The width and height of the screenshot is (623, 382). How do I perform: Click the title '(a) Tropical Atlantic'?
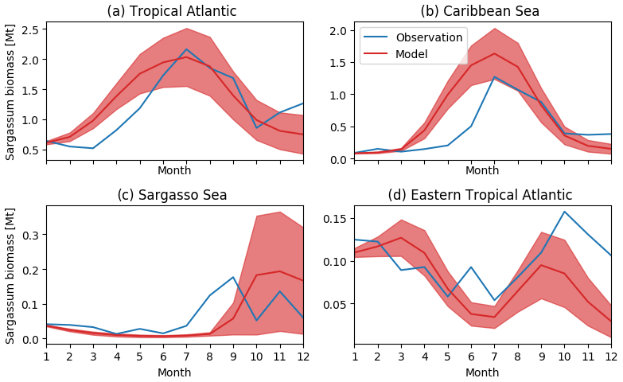click(172, 11)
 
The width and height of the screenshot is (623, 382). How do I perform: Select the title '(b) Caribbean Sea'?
click(480, 11)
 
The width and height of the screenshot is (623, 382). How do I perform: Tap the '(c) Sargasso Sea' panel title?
click(172, 195)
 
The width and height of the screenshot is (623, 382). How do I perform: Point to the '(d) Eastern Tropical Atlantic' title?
click(480, 195)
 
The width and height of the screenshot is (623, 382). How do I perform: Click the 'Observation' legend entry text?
click(429, 37)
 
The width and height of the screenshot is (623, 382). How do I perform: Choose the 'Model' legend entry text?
click(411, 54)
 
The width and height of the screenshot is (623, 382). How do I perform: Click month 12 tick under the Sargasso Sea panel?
click(303, 357)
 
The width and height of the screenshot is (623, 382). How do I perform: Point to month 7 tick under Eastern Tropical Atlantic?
click(494, 357)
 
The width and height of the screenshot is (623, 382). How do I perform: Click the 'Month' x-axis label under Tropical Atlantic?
click(174, 170)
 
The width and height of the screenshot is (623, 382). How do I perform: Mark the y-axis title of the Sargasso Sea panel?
click(10, 275)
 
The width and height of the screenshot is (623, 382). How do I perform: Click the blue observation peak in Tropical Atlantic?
click(186, 49)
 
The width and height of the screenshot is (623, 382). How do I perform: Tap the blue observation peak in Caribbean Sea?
click(494, 77)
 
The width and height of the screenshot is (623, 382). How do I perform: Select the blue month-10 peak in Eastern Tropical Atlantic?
click(564, 212)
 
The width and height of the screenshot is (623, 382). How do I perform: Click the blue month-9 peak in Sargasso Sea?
click(233, 277)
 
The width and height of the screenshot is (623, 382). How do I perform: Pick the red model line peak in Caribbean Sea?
click(494, 54)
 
